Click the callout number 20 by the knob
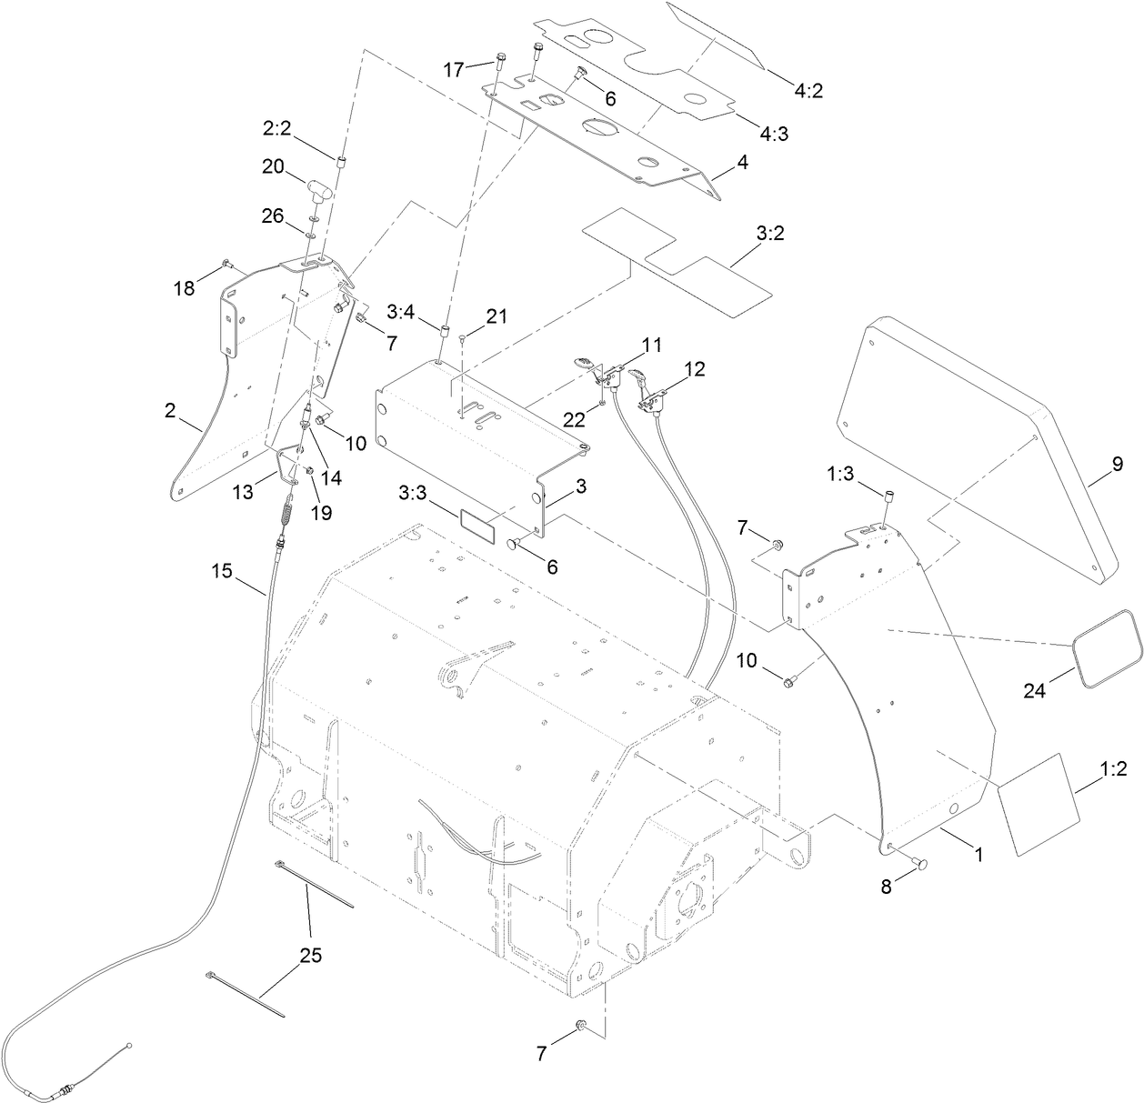click(274, 166)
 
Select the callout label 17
click(455, 68)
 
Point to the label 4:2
click(813, 91)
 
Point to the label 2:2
click(276, 129)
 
